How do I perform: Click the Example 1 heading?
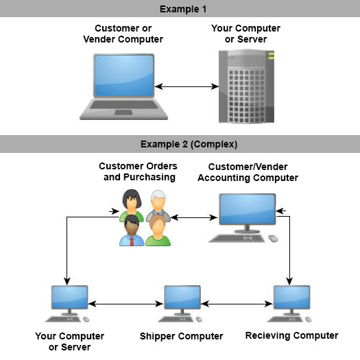(183, 9)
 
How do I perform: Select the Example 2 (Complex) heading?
(189, 144)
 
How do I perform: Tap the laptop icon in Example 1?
(123, 87)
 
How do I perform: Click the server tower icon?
(246, 86)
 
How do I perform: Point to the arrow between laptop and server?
(187, 86)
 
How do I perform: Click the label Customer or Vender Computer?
(123, 34)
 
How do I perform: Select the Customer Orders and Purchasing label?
(138, 171)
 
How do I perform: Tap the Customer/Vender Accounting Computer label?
(248, 172)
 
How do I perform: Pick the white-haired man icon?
(158, 204)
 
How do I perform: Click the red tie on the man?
(132, 241)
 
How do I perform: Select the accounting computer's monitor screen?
(248, 209)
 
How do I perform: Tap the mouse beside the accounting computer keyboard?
(273, 239)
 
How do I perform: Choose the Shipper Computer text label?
(182, 336)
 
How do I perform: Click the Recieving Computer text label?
(292, 335)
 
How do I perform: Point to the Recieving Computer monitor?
(291, 298)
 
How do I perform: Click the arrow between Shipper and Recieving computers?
(237, 304)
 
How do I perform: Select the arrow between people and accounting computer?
(194, 217)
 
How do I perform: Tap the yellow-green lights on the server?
(271, 56)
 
